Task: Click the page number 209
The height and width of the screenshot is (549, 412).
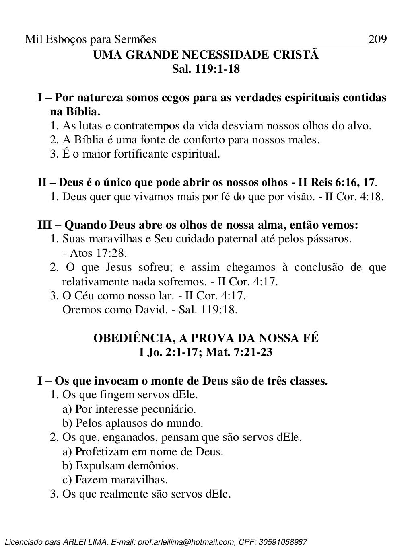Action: coord(377,39)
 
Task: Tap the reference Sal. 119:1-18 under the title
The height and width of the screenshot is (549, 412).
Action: coord(206,69)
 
